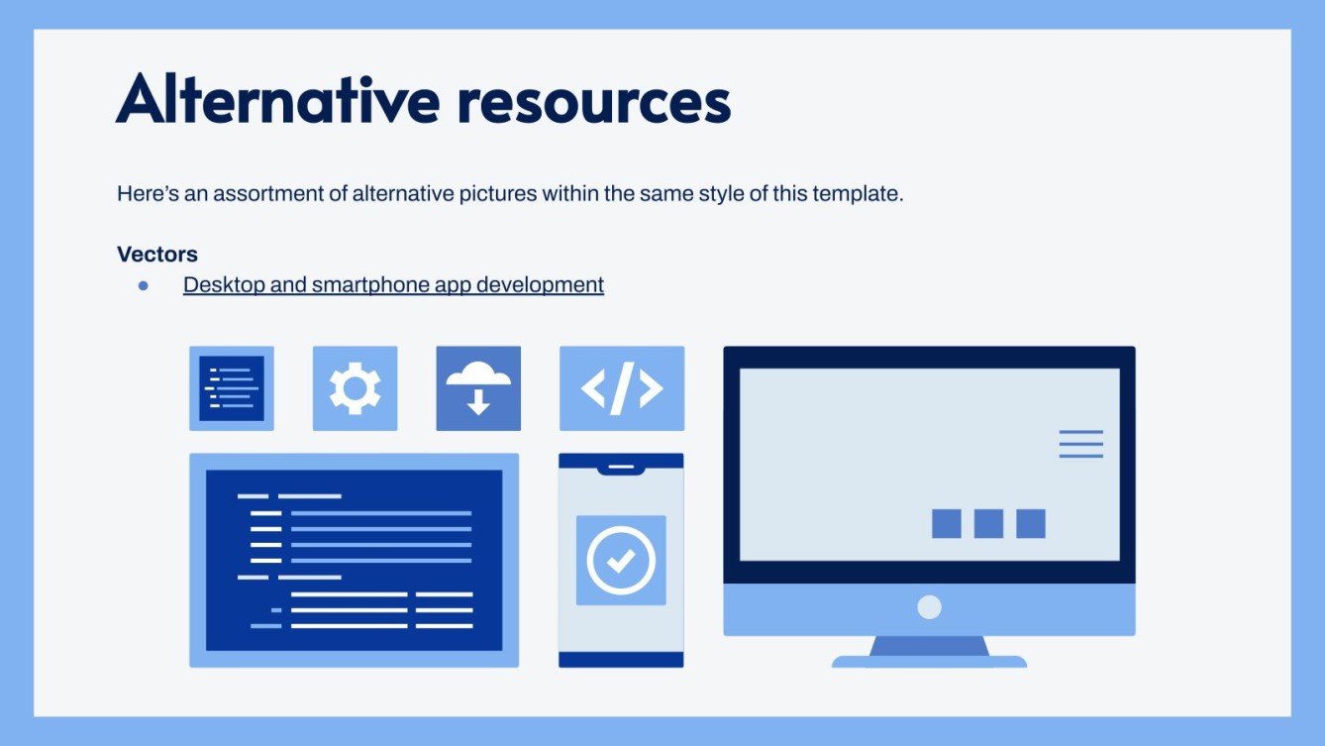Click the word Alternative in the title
pos(278,98)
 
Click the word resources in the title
pos(594,103)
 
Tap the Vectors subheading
pos(157,254)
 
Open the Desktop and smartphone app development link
pos(393,284)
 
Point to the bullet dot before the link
pos(144,285)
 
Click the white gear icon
pos(355,388)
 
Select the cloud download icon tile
pos(478,388)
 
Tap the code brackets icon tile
pos(622,388)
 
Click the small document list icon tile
pos(232,388)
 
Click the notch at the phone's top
pos(621,470)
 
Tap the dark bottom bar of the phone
pos(621,660)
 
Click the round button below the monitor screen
pos(929,607)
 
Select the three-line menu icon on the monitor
pos(1081,444)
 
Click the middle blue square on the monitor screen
pos(988,523)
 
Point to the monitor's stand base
pos(929,662)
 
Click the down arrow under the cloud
pos(478,402)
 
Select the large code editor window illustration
pos(354,560)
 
